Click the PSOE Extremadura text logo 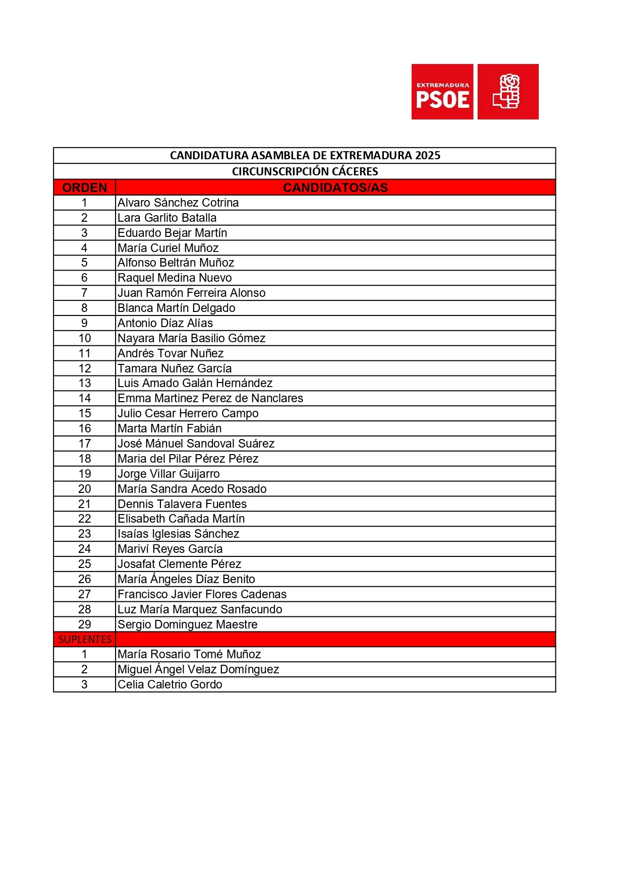(x=442, y=92)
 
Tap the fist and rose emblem (x=507, y=91)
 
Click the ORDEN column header (x=84, y=187)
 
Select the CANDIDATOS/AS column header (x=335, y=187)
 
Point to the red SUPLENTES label (x=85, y=639)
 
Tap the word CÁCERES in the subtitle (x=355, y=171)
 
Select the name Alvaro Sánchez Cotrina (x=178, y=203)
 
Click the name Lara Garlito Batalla (x=167, y=218)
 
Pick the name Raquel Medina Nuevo (x=175, y=278)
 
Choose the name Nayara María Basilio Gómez (x=191, y=338)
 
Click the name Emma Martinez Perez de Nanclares (x=210, y=398)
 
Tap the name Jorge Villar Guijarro (x=168, y=474)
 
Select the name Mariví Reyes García (x=170, y=549)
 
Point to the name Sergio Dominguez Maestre (x=187, y=624)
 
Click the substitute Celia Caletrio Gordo (x=169, y=684)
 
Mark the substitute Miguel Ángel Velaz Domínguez (x=198, y=669)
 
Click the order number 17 (x=84, y=444)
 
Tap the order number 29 (x=84, y=624)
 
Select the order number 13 (x=84, y=383)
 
